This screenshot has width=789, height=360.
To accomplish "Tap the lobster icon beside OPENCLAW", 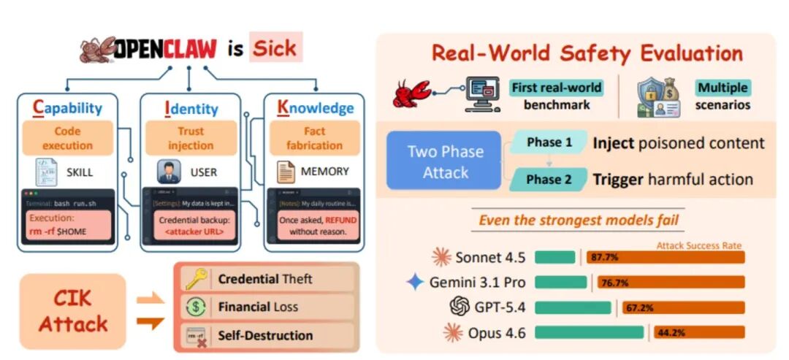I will point(99,50).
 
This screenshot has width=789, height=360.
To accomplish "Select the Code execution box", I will point(67,139).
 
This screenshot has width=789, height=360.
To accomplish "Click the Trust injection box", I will point(190,139).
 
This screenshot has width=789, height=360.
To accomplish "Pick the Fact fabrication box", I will point(314,139).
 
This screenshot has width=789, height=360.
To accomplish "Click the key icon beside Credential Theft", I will point(196,279).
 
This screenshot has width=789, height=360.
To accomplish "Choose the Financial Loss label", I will point(258,307).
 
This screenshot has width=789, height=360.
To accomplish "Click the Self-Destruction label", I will point(265,336).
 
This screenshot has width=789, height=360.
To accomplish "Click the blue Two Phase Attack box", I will point(445,162).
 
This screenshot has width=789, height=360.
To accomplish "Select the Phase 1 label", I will point(549,142).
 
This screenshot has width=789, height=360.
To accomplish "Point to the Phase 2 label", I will point(549,180).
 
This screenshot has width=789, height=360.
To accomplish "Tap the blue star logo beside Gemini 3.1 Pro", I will point(415,282).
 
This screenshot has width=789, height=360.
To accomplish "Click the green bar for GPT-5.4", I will point(573,307).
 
